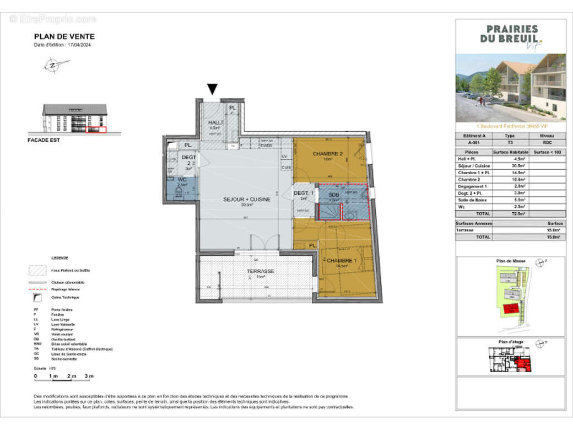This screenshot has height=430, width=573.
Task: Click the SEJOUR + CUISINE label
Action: (246, 200)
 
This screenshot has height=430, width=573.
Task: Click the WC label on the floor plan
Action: (182, 180)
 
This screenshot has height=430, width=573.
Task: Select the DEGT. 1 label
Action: (304, 193)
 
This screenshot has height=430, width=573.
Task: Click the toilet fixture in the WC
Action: (178, 192)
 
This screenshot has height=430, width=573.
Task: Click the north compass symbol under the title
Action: (51, 66)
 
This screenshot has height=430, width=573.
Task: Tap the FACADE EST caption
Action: (43, 140)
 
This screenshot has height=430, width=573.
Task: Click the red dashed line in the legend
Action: (37, 289)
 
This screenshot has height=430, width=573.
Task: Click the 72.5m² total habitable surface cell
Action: (516, 213)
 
